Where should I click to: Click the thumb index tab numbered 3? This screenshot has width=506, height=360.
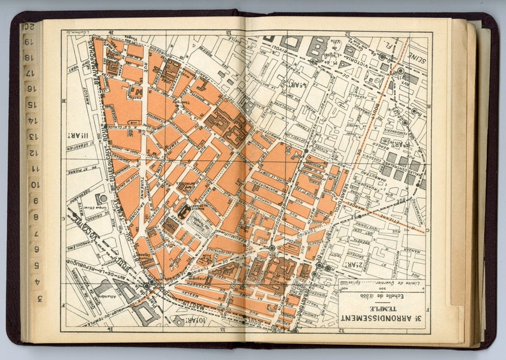40,298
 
